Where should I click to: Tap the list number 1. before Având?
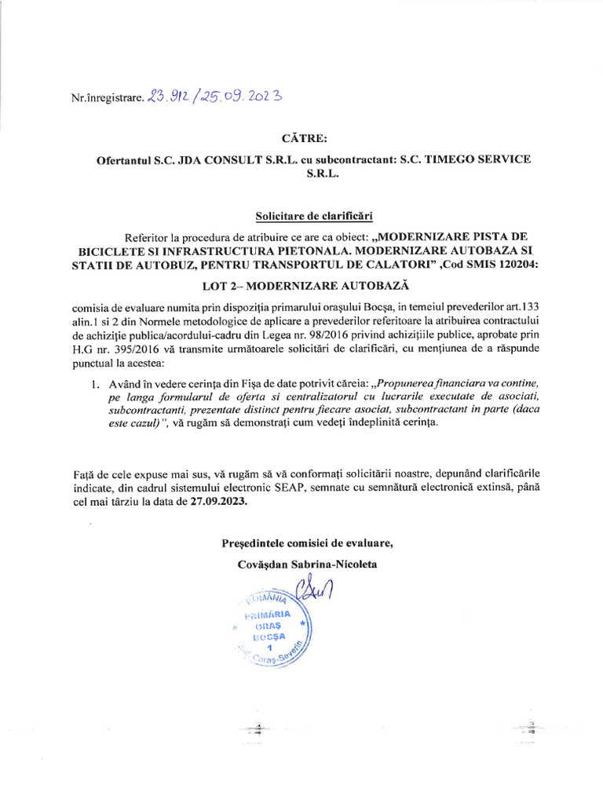click(x=94, y=384)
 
